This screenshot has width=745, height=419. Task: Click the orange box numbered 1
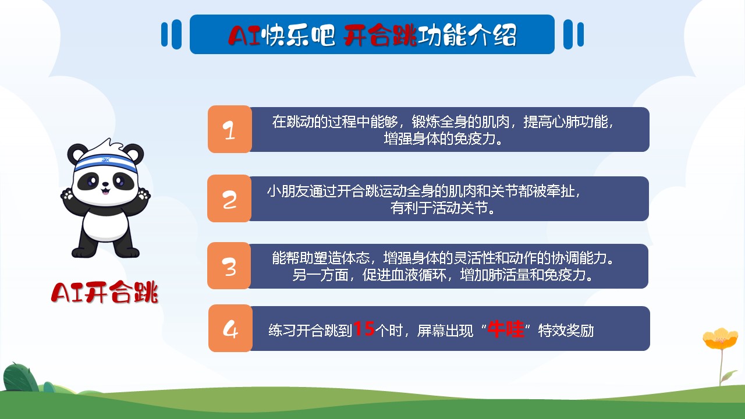230,129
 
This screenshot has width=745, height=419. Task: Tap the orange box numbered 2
229,198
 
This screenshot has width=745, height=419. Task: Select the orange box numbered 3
229,266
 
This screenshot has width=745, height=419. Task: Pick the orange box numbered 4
230,328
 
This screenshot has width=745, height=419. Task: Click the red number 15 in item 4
364,329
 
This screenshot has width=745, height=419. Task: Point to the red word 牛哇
506,329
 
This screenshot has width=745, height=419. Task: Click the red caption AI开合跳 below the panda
104,292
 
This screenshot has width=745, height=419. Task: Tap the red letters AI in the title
244,35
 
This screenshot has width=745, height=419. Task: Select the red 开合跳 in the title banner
380,35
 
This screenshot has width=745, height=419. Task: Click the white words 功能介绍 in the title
467,35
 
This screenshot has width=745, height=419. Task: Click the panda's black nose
105,183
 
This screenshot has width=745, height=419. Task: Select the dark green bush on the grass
20,378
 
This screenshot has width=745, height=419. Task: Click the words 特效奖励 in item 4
566,331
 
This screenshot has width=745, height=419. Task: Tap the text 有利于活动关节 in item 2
439,208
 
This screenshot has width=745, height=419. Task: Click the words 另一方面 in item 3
320,275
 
